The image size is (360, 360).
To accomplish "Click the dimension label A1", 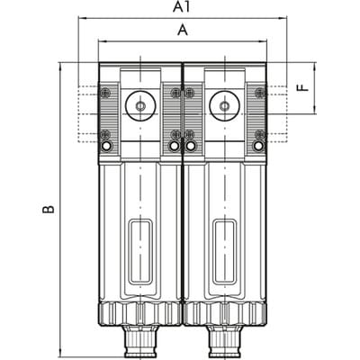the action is click(182, 7).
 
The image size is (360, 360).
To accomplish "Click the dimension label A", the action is click(183, 31).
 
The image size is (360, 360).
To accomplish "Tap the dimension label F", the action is click(304, 87).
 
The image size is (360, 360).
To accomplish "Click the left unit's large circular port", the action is click(140, 105).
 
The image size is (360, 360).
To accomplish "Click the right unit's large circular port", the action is click(224, 105).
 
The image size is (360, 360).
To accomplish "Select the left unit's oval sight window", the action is click(140, 252).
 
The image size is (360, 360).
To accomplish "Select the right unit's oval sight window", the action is click(224, 252).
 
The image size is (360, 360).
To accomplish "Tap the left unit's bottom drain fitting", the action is click(140, 341).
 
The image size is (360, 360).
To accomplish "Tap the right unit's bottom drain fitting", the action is click(224, 341).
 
